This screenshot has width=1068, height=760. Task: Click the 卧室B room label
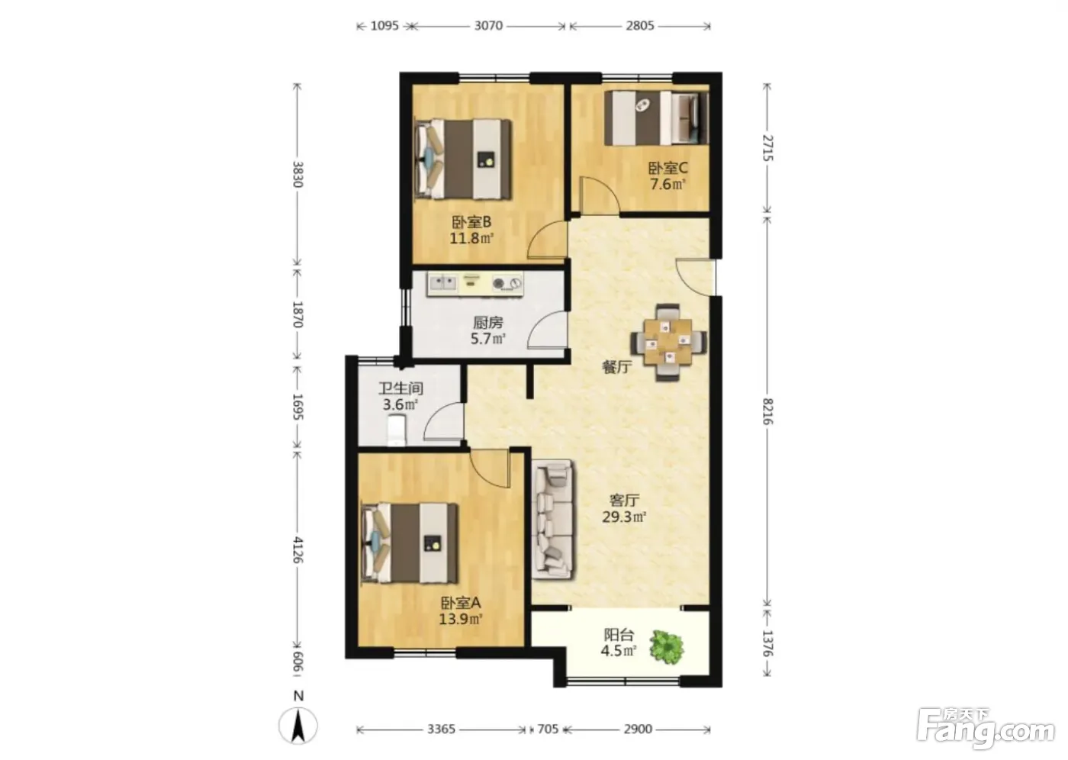tap(471, 222)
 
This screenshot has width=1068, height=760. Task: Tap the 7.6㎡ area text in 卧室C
tap(668, 184)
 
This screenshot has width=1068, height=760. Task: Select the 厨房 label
tap(487, 323)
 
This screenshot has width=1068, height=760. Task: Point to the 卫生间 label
tap(401, 388)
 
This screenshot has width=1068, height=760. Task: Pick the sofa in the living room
tap(552, 519)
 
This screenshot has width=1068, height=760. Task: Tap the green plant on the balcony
tap(667, 647)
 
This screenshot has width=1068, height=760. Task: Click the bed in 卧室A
tap(410, 543)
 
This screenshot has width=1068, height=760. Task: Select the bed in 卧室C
tap(657, 118)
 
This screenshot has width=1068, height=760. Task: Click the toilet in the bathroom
tap(396, 430)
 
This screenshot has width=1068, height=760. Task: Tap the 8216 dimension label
tap(767, 411)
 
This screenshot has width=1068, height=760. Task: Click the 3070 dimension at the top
tap(488, 25)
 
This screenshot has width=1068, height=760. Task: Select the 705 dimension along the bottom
tap(548, 729)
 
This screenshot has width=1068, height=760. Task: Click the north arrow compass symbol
tap(298, 725)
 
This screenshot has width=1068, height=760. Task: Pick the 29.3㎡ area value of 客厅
tap(624, 517)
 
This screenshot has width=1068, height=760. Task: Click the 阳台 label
tap(619, 635)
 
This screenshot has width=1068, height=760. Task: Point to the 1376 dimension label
tap(767, 643)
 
